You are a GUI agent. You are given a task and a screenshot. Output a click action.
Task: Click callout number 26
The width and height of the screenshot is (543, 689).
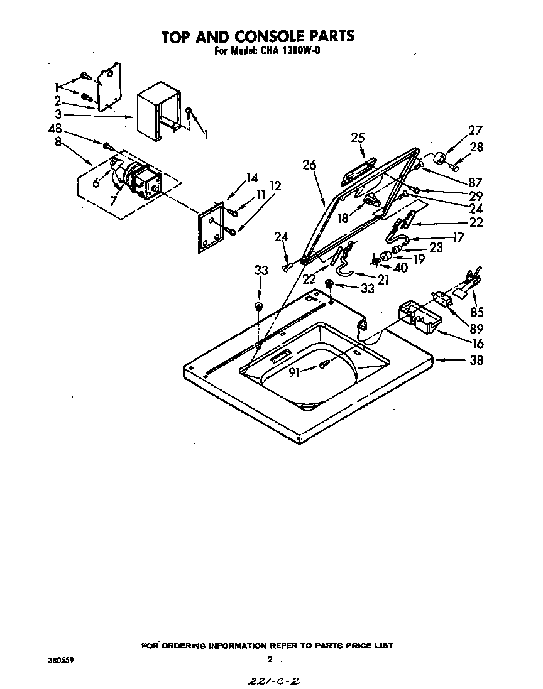coord(309,165)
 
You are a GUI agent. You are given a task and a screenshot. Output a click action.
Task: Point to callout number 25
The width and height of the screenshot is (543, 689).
coord(358,138)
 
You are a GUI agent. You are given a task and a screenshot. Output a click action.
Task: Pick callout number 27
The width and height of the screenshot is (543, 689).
coord(474,131)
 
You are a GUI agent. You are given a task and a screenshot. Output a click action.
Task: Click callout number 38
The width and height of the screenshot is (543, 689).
coord(477,361)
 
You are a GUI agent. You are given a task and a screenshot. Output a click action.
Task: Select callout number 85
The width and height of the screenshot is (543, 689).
coord(478,312)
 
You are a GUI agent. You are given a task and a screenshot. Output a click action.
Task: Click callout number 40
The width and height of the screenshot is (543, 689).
coord(400,268)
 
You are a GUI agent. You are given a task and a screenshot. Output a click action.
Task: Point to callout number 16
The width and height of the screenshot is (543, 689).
coord(478,343)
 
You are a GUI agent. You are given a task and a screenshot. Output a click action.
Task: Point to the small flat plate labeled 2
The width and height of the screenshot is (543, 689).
coord(104,87)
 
